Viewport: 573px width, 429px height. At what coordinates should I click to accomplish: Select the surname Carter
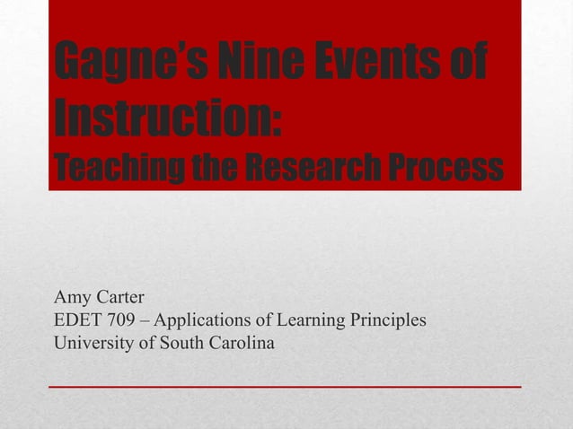click(x=119, y=297)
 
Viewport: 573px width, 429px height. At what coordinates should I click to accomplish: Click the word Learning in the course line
click(x=312, y=320)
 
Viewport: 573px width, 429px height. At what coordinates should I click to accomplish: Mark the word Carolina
click(x=242, y=343)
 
